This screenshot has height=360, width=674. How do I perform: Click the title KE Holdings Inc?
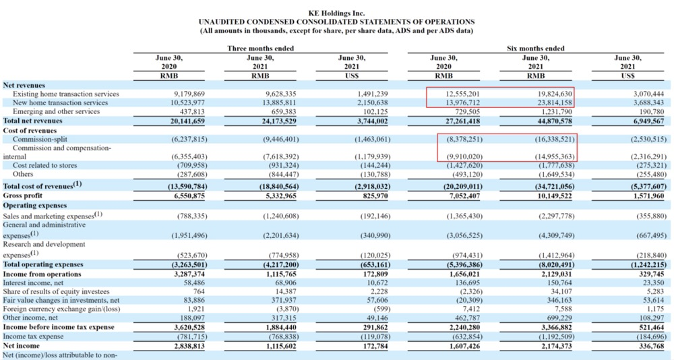(336, 13)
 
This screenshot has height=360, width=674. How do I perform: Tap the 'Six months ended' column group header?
(536, 49)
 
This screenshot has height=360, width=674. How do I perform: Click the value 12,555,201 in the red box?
(458, 94)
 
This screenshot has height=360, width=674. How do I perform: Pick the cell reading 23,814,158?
(550, 102)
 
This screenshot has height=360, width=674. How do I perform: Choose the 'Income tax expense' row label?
(33, 336)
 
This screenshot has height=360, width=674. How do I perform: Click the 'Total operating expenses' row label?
(43, 265)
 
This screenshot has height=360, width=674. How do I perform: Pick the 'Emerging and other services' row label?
(57, 112)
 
